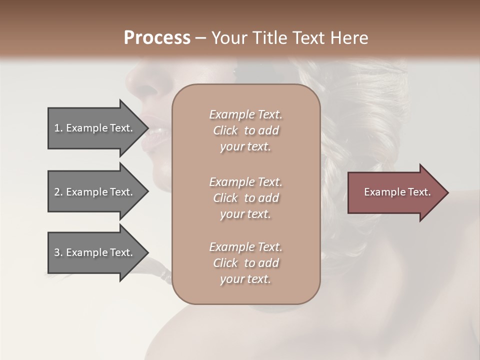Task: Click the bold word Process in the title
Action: click(157, 38)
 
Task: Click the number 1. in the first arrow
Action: click(58, 128)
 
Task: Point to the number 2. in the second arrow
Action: click(58, 192)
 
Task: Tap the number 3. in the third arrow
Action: click(58, 252)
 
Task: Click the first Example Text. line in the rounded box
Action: click(245, 114)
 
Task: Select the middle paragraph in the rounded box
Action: click(245, 198)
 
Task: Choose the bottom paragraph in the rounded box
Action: click(245, 263)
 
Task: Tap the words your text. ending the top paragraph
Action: click(245, 147)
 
